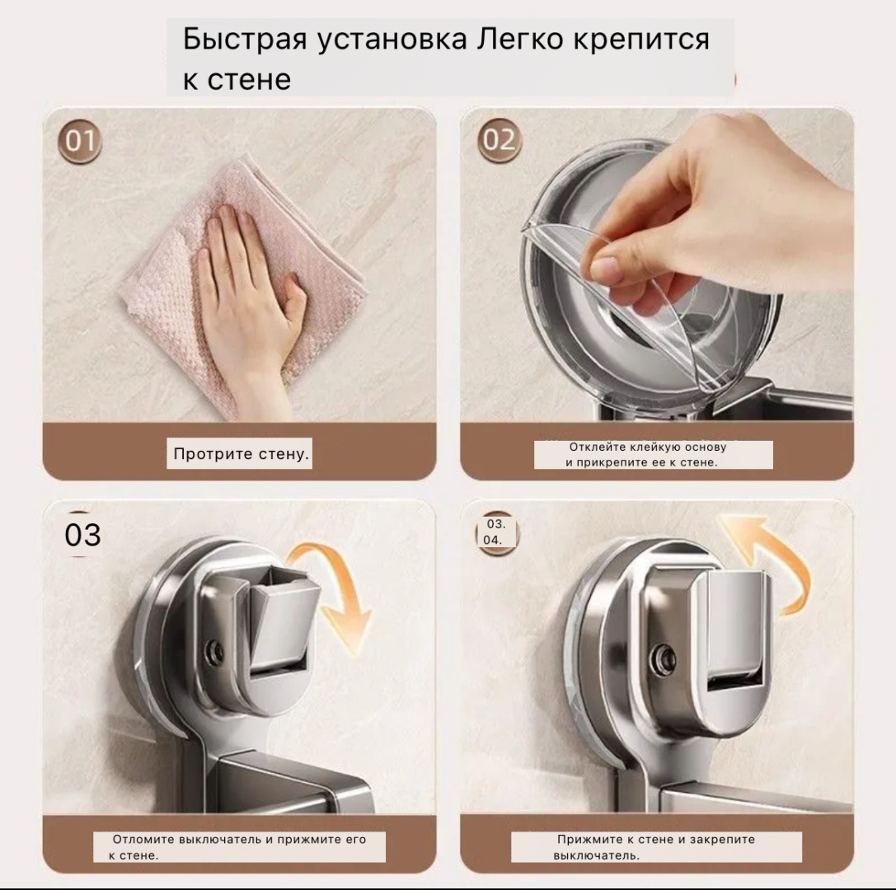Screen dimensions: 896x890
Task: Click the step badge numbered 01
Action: coord(79,141)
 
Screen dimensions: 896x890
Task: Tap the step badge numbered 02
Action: coord(499,140)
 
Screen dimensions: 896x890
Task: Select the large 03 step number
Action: coord(83,536)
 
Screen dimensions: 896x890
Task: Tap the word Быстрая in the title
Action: coord(245,40)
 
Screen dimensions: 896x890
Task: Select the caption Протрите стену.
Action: coord(241,454)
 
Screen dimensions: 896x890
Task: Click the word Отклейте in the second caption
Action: coord(593,447)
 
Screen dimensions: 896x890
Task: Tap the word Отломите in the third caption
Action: coord(143,839)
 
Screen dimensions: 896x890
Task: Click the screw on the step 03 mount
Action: coord(215,650)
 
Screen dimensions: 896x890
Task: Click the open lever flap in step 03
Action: coord(281,617)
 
